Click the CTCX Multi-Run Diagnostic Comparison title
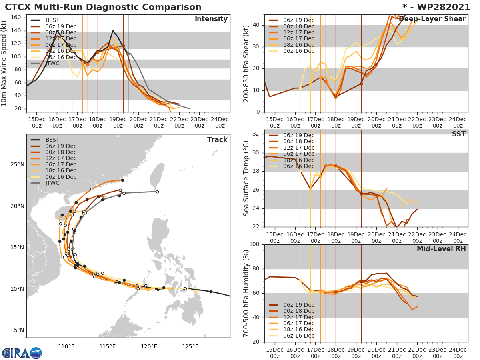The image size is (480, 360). tap(103, 7)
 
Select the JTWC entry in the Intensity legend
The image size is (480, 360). tap(53, 64)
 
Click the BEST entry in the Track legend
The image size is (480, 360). tap(53, 140)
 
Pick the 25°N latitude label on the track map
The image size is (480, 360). tap(18, 165)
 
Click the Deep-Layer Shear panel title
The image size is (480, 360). tap(432, 19)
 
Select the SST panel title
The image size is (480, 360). tap(459, 134)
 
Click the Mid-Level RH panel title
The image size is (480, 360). tap(441, 249)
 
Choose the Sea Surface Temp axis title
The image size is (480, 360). tap(246, 178)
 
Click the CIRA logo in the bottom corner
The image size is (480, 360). tap(22, 353)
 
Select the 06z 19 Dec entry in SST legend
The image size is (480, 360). tap(298, 135)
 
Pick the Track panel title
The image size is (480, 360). tap(217, 140)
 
